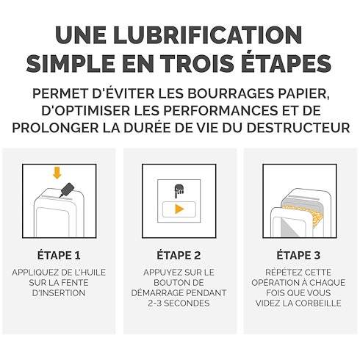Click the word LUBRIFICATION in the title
point(208,35)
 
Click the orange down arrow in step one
point(57,173)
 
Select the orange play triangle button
point(179,209)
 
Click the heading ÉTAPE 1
point(59,255)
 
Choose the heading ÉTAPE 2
point(179,255)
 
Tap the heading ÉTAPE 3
point(298,255)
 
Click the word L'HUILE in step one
point(90,273)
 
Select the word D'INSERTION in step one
point(59,293)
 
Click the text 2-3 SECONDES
point(179,303)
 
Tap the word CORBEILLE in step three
point(318,303)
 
